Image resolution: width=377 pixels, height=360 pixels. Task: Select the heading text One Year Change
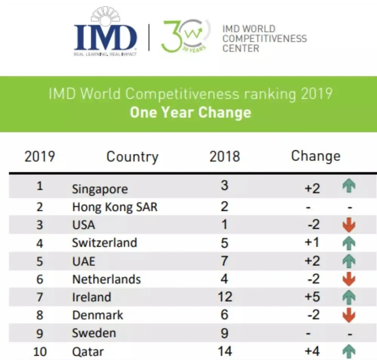(x=190, y=112)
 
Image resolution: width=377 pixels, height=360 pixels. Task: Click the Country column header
(x=132, y=157)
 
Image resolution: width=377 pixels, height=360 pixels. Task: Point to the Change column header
(x=316, y=156)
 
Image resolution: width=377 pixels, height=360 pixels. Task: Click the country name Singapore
(x=100, y=189)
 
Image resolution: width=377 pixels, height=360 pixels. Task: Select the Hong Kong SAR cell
(x=115, y=207)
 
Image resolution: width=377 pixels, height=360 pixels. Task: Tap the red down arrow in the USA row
(x=349, y=225)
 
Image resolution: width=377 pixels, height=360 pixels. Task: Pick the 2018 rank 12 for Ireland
(x=225, y=297)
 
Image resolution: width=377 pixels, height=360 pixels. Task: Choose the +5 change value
(x=312, y=297)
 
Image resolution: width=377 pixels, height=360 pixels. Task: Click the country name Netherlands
(x=106, y=279)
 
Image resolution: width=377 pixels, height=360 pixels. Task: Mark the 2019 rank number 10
(x=40, y=352)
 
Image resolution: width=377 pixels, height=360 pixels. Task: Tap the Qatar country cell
(x=88, y=352)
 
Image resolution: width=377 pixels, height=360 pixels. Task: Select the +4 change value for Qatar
(x=312, y=351)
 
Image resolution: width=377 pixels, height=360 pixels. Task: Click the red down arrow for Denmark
(x=349, y=315)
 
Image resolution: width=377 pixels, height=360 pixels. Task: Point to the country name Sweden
(x=94, y=333)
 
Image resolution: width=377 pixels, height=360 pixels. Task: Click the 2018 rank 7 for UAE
(x=225, y=261)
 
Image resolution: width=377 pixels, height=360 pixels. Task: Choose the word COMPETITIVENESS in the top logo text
(x=265, y=38)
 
